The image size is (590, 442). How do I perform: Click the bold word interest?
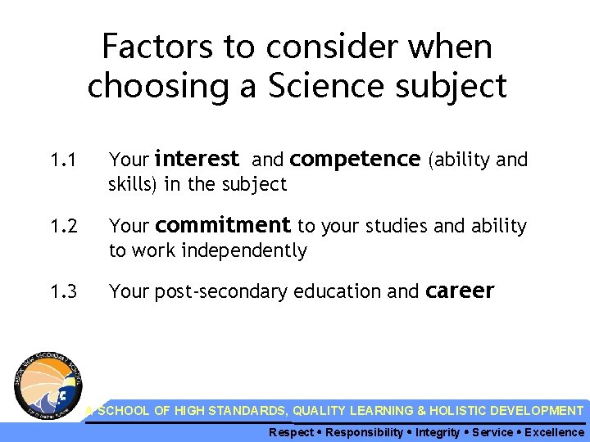[x=196, y=158]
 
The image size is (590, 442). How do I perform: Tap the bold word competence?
[x=355, y=159]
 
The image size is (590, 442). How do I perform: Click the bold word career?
[x=461, y=291]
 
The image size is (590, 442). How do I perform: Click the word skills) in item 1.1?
[x=133, y=185]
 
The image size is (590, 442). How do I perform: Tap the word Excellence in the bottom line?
[x=554, y=432]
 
